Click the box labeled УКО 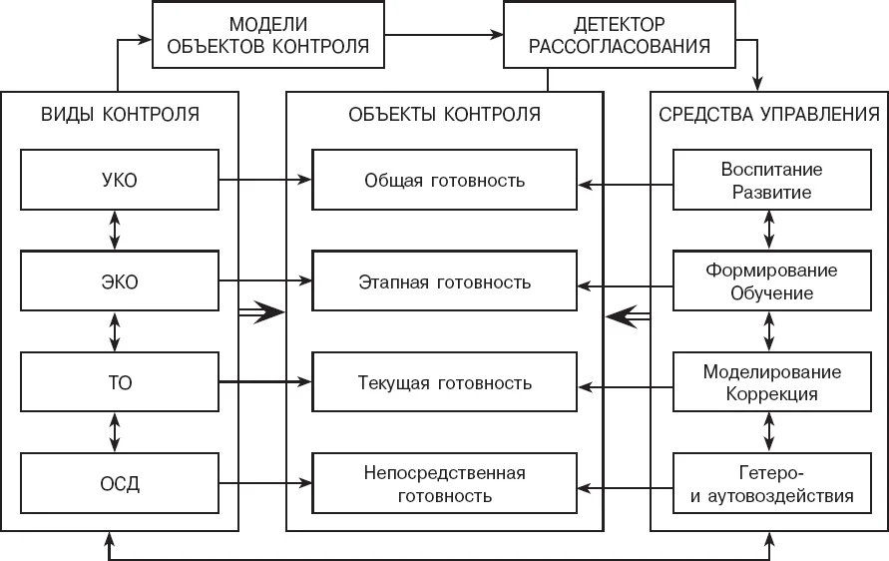click(x=120, y=180)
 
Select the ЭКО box click(x=120, y=281)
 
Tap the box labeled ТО click(x=120, y=381)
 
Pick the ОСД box click(x=120, y=483)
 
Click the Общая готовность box click(x=445, y=180)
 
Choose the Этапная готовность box click(x=445, y=281)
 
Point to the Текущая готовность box click(x=445, y=381)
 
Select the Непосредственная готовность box click(x=445, y=483)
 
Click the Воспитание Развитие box click(x=771, y=180)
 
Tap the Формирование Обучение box click(x=771, y=281)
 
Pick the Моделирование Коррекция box click(x=771, y=381)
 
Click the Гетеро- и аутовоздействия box click(x=771, y=483)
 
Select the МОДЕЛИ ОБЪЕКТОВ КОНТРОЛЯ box click(x=268, y=35)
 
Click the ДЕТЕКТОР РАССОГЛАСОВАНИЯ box click(x=620, y=35)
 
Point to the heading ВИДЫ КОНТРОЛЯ click(x=120, y=114)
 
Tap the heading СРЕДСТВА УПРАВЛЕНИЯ click(x=769, y=114)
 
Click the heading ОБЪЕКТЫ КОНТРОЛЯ click(x=445, y=114)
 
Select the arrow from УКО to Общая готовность click(x=265, y=180)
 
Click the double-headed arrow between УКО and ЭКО click(x=115, y=231)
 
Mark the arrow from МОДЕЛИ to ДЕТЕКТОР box click(x=444, y=35)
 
